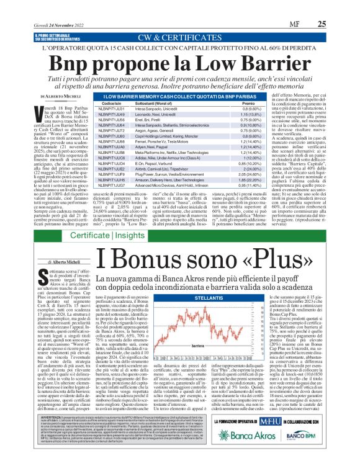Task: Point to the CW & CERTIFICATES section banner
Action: [x=180, y=38]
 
